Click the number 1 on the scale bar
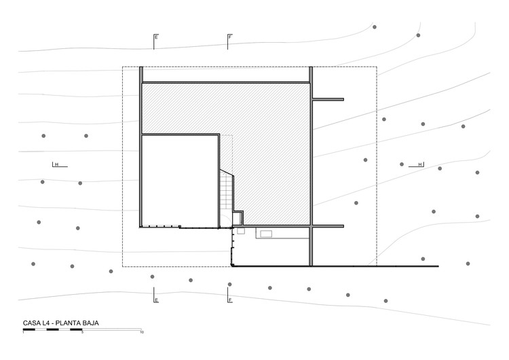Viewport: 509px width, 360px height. click(x=24, y=334)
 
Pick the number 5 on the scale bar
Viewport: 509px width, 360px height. click(x=82, y=334)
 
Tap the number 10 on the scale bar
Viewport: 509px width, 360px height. click(x=141, y=334)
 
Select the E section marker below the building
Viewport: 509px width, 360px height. click(x=156, y=300)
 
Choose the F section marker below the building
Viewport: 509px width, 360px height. click(x=230, y=300)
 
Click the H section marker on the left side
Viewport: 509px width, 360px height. click(x=58, y=164)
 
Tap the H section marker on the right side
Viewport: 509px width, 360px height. click(x=421, y=164)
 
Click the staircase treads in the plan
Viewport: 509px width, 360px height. click(x=226, y=190)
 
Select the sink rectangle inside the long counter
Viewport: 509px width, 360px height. click(x=265, y=233)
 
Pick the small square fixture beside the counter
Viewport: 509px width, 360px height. click(x=240, y=232)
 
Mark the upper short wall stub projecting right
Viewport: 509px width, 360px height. click(x=328, y=100)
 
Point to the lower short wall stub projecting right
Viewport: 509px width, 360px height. click(x=328, y=226)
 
